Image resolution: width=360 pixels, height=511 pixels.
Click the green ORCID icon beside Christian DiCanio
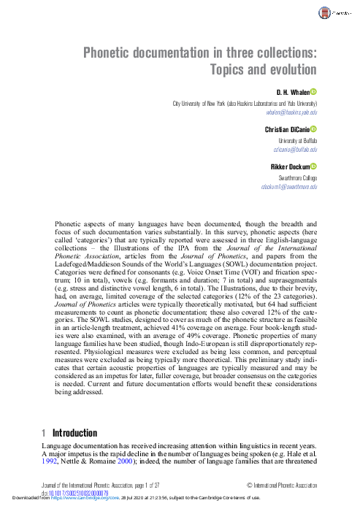[314, 129]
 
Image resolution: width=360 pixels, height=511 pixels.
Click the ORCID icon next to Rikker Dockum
[314, 166]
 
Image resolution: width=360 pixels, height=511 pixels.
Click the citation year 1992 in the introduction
[48, 462]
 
